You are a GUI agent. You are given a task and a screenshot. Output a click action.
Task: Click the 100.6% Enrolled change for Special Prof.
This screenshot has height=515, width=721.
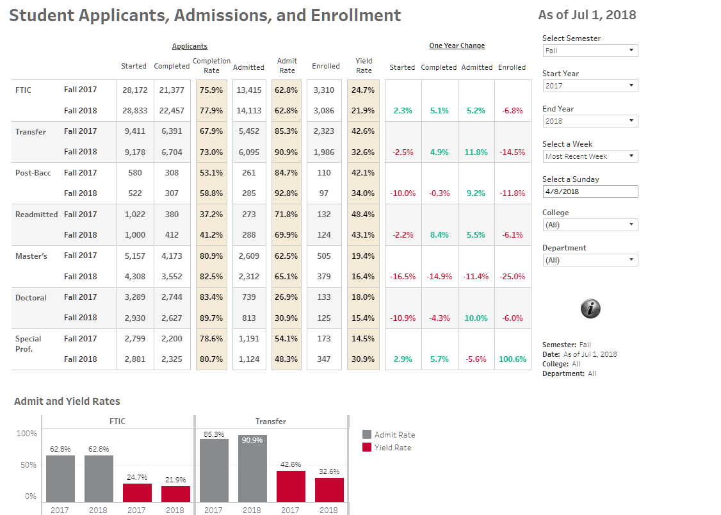[512, 359]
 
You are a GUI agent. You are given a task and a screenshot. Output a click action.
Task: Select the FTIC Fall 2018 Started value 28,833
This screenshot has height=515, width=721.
[135, 111]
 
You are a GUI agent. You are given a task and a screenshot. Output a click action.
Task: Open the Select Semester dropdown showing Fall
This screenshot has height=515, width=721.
[590, 51]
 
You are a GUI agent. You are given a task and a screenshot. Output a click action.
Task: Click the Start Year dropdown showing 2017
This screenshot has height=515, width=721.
[590, 86]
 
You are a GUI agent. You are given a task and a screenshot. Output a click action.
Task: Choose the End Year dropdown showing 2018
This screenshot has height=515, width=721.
[590, 121]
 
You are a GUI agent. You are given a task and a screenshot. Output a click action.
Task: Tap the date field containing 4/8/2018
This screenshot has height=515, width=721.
[590, 192]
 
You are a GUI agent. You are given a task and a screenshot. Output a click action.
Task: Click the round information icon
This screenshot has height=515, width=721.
[590, 309]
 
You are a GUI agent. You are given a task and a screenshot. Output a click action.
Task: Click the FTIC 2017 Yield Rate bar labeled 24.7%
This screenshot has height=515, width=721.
[136, 493]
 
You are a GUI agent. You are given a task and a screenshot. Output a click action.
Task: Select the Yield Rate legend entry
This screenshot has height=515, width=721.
[387, 448]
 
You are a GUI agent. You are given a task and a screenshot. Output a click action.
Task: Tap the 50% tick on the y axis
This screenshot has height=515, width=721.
[29, 465]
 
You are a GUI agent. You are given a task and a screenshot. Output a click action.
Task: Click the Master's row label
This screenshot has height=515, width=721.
[31, 256]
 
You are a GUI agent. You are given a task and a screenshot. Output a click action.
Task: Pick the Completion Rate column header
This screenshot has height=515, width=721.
[211, 66]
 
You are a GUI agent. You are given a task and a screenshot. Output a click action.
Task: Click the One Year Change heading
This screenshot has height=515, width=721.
[457, 46]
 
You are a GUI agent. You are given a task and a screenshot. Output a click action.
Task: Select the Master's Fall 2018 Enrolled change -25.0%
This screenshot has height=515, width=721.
[512, 277]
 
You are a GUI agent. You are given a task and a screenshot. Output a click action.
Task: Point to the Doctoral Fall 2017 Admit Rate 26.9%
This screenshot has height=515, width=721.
[286, 297]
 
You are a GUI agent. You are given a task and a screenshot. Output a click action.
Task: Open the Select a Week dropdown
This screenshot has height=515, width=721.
[590, 156]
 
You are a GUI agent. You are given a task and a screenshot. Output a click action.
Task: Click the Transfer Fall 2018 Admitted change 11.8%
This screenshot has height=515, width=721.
[476, 152]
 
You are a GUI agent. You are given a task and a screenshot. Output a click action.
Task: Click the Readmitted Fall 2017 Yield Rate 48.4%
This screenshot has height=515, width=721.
[363, 215]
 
